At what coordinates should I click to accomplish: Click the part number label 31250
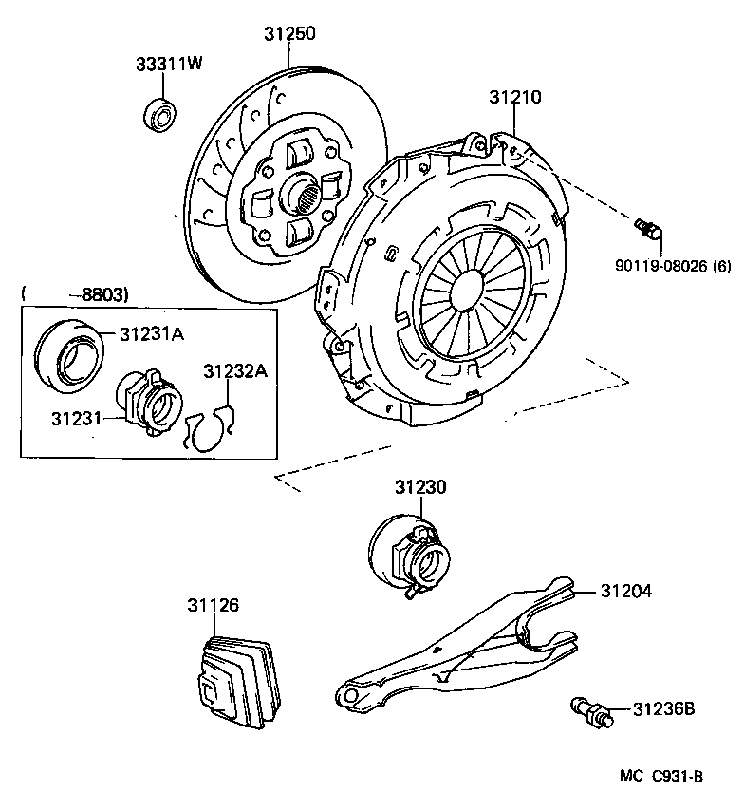[289, 34]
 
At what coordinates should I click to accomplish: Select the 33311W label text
[168, 64]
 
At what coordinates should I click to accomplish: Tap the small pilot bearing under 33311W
[158, 115]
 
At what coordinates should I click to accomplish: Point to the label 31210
[515, 97]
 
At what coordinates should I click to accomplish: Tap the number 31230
[420, 486]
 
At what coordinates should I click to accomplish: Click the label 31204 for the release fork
[625, 591]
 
